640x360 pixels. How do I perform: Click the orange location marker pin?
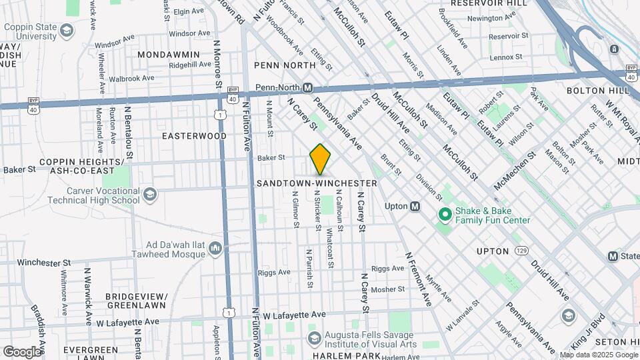pyautogui.click(x=321, y=159)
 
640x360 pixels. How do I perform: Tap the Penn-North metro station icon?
pyautogui.click(x=308, y=87)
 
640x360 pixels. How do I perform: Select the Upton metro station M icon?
pyautogui.click(x=415, y=207)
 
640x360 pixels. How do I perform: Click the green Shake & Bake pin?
pyautogui.click(x=445, y=215)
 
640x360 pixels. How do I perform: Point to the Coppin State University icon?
pyautogui.click(x=67, y=30)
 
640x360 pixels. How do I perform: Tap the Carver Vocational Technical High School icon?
pyautogui.click(x=149, y=194)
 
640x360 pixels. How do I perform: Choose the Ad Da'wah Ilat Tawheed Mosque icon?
pyautogui.click(x=215, y=249)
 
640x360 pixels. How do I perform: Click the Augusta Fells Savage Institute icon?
pyautogui.click(x=315, y=339)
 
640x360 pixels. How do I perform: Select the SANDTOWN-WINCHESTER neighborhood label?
pyautogui.click(x=317, y=183)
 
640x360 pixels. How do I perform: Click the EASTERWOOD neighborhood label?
pyautogui.click(x=194, y=136)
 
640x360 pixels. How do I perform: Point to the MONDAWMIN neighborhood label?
pyautogui.click(x=169, y=53)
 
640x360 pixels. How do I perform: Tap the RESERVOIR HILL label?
pyautogui.click(x=489, y=3)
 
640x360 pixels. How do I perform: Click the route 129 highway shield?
pyautogui.click(x=521, y=251)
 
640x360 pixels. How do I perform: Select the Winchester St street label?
pyautogui.click(x=44, y=263)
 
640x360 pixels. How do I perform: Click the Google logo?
pyautogui.click(x=22, y=351)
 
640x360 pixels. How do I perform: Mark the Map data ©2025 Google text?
pyautogui.click(x=599, y=354)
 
